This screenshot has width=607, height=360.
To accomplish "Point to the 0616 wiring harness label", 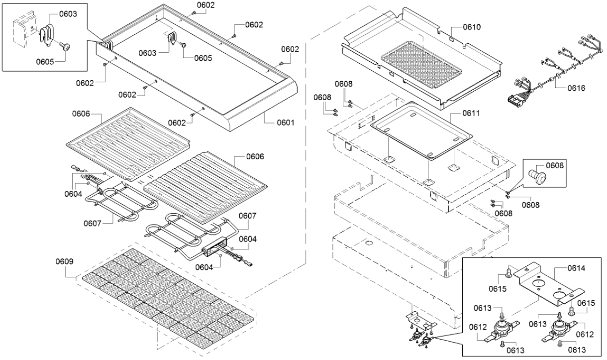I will (x=575, y=88).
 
